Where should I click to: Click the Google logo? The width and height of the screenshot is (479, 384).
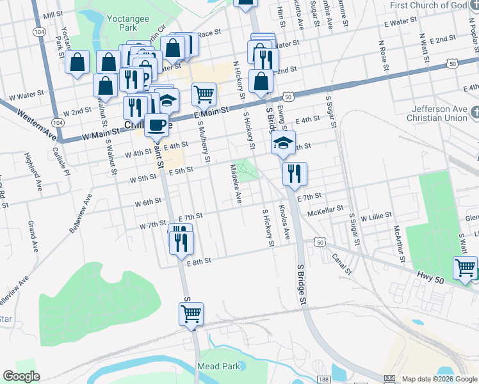pos(21,376)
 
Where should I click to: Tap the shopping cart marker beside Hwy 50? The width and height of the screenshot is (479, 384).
pos(465,268)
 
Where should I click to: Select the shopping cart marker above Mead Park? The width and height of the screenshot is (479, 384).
pos(191,314)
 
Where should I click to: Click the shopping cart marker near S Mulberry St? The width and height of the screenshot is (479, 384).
pos(204,94)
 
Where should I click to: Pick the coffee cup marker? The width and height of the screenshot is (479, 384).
pos(156,125)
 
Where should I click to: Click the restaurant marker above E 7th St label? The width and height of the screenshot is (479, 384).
pos(295,173)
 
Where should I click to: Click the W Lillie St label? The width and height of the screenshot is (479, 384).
pos(376,218)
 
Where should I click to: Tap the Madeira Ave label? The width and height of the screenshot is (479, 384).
pos(235,183)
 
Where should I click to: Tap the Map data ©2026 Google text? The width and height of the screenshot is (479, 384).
pos(440,379)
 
